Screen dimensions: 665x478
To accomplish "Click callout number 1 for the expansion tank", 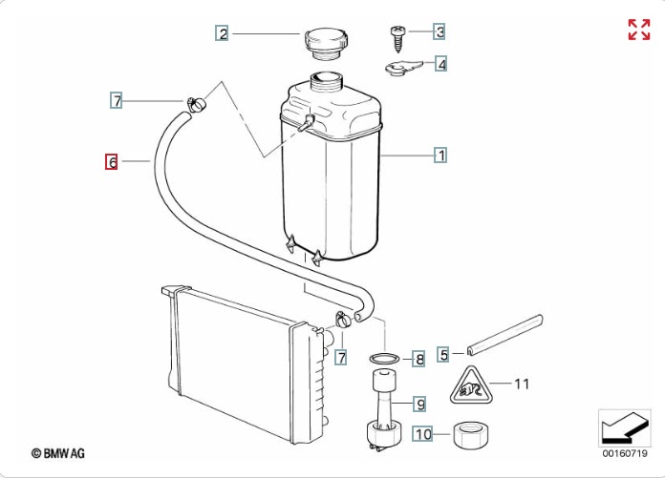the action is pyautogui.click(x=440, y=156).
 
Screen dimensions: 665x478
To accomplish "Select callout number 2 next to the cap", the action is pyautogui.click(x=222, y=33).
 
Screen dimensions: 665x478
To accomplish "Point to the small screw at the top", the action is pyautogui.click(x=397, y=39).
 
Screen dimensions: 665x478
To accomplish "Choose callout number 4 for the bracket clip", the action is pyautogui.click(x=440, y=64).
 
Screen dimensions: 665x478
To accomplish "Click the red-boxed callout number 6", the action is pyautogui.click(x=112, y=161).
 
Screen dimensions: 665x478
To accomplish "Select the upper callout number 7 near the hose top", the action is pyautogui.click(x=117, y=101).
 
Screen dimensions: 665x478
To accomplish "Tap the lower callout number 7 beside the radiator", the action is pyautogui.click(x=341, y=358).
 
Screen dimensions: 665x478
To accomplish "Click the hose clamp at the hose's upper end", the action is pyautogui.click(x=195, y=103).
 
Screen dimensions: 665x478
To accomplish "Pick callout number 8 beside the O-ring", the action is pyautogui.click(x=419, y=360).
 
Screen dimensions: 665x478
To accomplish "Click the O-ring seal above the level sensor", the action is pyautogui.click(x=384, y=359).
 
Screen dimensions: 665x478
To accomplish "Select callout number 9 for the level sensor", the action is pyautogui.click(x=419, y=404).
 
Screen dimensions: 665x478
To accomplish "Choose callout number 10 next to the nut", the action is pyautogui.click(x=423, y=434).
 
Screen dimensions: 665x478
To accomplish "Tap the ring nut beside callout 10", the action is pyautogui.click(x=471, y=434).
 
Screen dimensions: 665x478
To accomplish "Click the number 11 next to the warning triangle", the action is pyautogui.click(x=522, y=384).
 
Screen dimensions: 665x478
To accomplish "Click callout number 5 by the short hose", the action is pyautogui.click(x=443, y=354).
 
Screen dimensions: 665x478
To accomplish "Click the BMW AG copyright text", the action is pyautogui.click(x=58, y=453).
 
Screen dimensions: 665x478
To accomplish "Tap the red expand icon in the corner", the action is pyautogui.click(x=638, y=30).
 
